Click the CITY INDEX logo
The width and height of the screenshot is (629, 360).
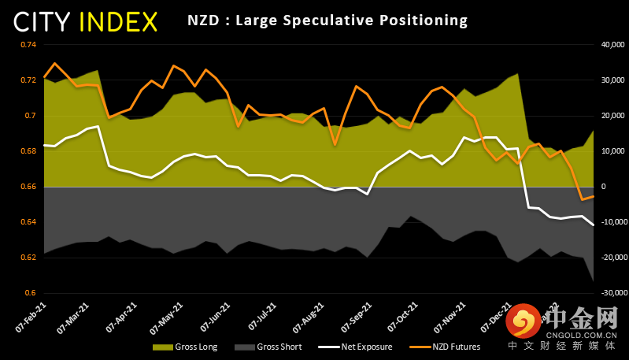click(x=85, y=20)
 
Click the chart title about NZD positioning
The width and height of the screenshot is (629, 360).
click(x=327, y=20)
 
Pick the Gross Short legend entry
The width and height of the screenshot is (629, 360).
click(x=272, y=347)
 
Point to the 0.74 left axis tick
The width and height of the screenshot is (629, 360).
click(x=28, y=44)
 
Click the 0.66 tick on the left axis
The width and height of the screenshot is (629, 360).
click(x=28, y=187)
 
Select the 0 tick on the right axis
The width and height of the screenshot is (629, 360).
click(x=602, y=187)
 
